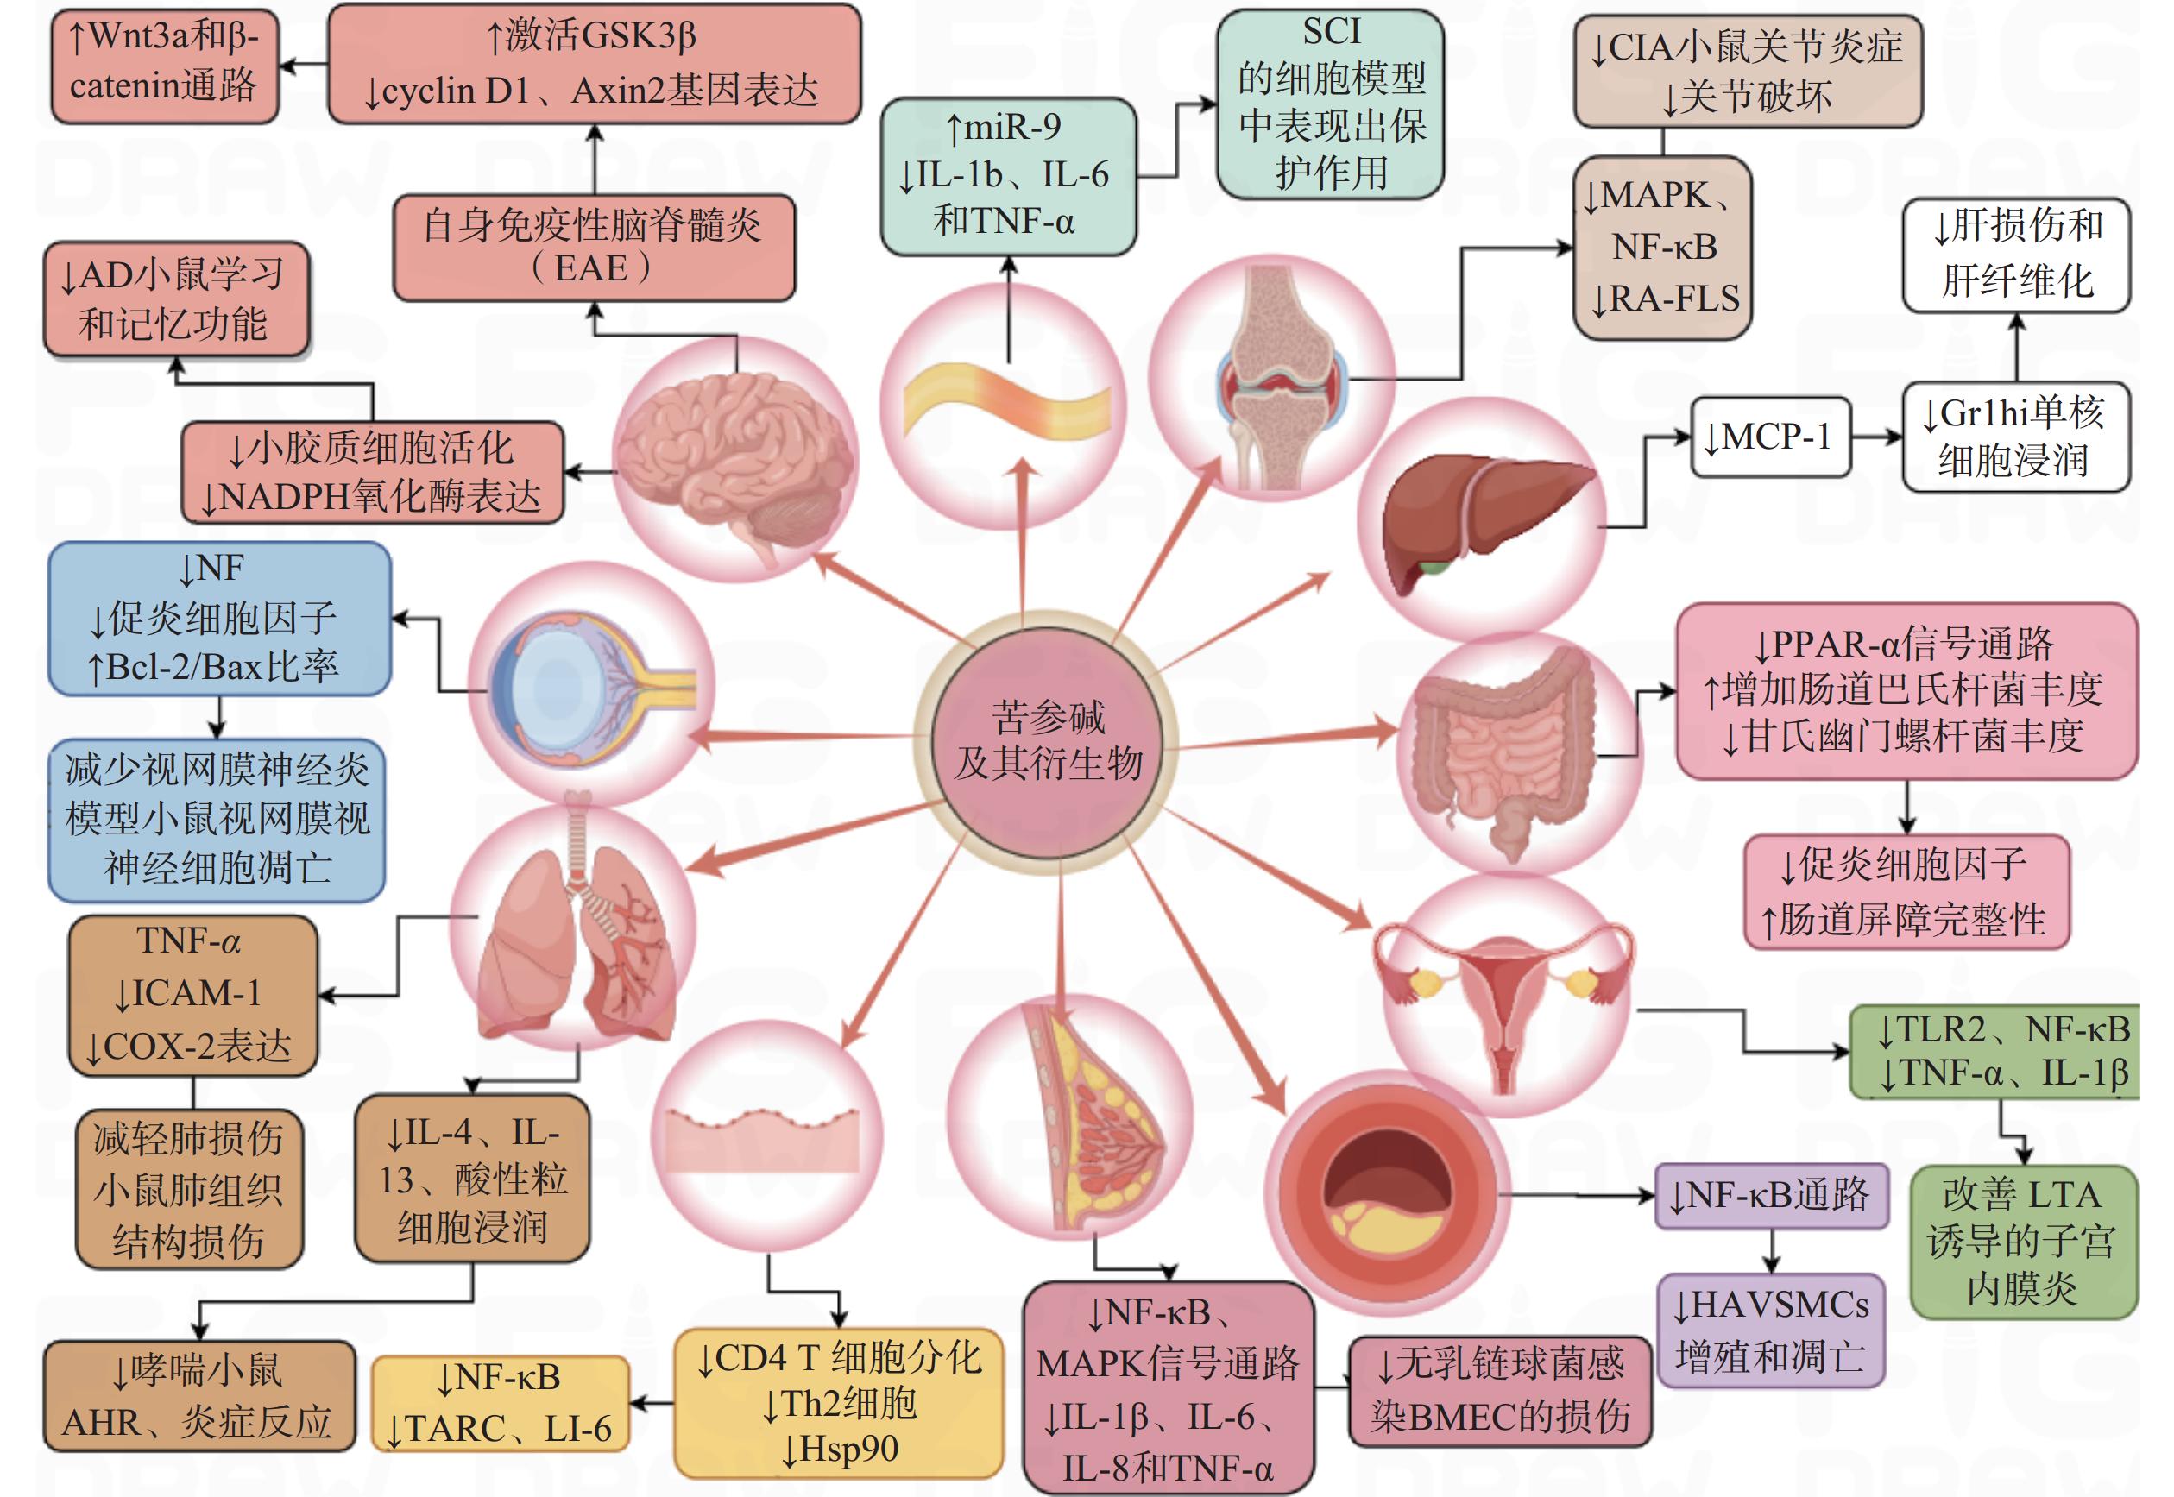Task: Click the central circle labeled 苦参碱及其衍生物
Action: [x=1047, y=741]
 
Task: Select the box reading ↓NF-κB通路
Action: [x=1772, y=1195]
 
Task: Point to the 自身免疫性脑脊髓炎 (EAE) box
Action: [x=593, y=248]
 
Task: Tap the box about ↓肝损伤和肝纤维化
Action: [x=2015, y=254]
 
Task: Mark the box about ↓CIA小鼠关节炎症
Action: [x=1747, y=72]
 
